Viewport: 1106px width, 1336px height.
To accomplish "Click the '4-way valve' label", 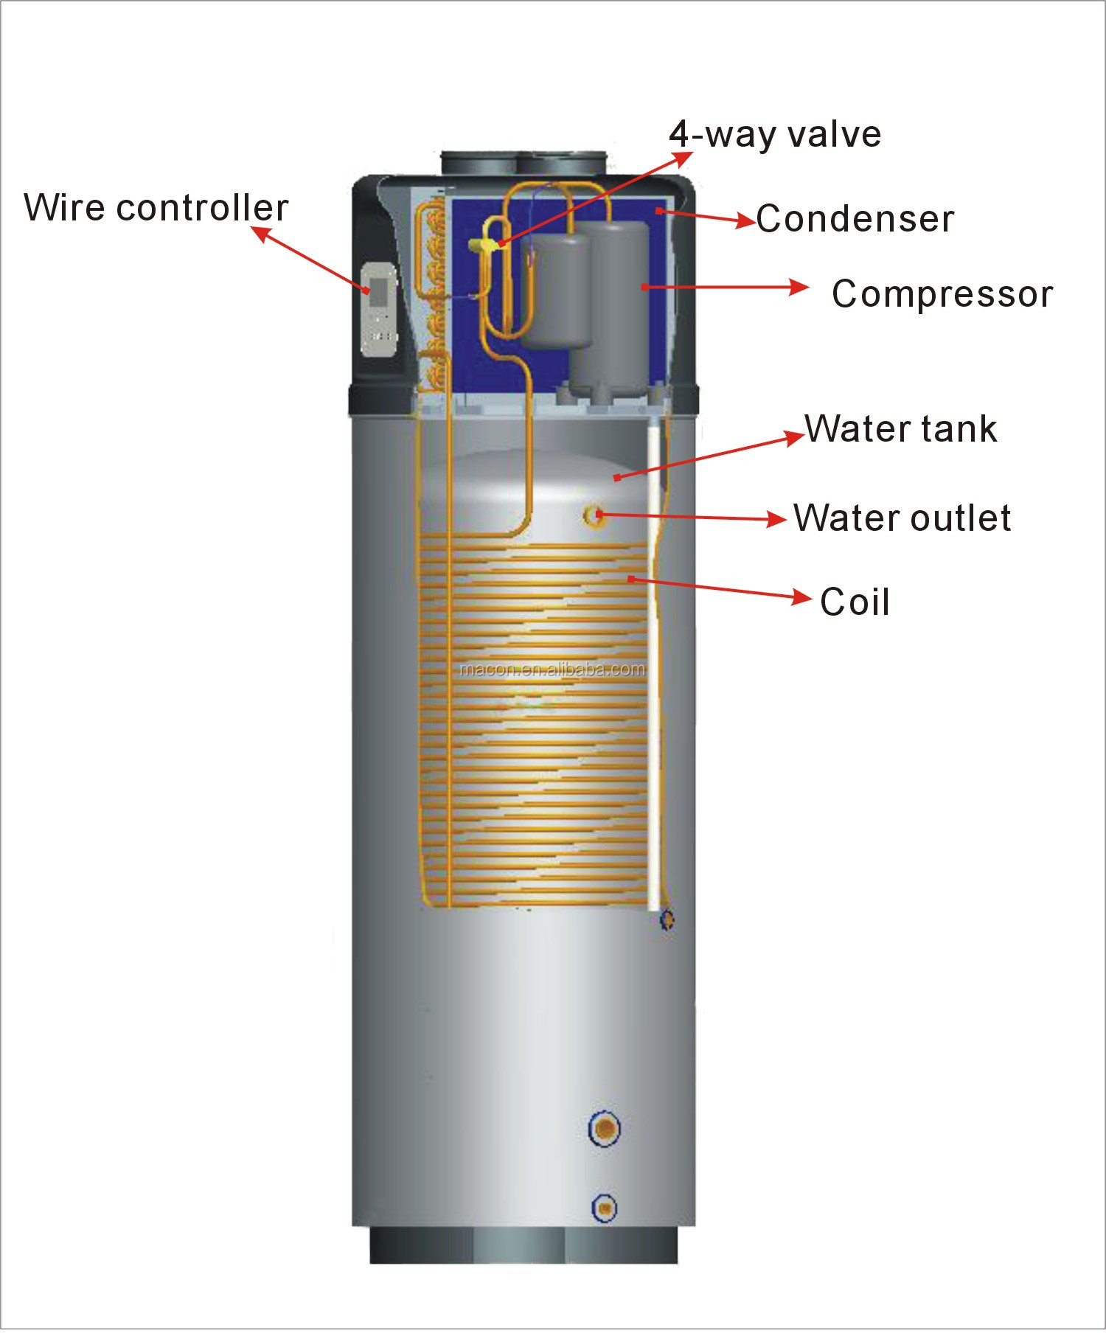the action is tap(775, 134).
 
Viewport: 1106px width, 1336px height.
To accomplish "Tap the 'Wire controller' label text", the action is tap(156, 207).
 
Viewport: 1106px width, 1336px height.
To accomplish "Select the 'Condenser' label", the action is tap(855, 219).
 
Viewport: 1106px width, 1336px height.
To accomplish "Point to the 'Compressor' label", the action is tap(942, 294).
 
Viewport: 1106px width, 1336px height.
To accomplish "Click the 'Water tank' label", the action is tap(901, 429).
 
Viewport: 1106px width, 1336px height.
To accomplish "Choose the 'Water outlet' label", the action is tap(902, 518).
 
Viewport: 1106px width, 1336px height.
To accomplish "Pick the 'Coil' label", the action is tap(855, 602).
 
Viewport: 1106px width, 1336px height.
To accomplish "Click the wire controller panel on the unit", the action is tap(379, 310).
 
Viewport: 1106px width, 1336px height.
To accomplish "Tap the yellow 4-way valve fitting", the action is tap(487, 244).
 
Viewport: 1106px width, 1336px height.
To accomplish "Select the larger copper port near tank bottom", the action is tap(605, 1128).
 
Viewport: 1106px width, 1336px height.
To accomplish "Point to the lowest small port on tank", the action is tap(605, 1207).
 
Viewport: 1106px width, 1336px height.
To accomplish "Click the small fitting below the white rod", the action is tap(667, 919).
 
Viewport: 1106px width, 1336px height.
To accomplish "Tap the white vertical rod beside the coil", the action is tap(654, 664).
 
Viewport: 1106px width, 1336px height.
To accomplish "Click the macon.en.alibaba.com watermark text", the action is tap(552, 669).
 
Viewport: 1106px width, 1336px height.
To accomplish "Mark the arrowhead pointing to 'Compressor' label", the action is tap(799, 286).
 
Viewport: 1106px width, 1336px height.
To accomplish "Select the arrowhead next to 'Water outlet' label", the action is tap(777, 519).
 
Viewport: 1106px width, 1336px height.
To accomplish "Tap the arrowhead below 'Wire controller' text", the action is tap(262, 234).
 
